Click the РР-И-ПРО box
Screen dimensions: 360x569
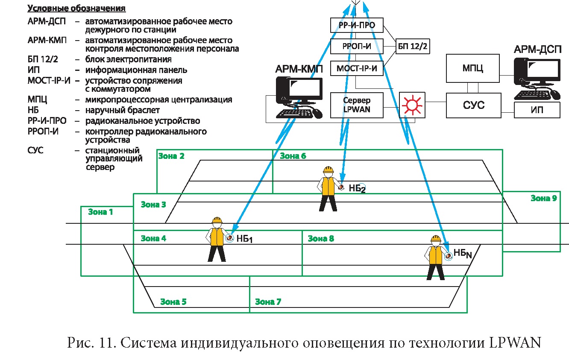[357, 25]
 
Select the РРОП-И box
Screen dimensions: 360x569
[357, 47]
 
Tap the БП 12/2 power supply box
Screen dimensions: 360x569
[412, 47]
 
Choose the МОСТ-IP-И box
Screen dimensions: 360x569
[357, 68]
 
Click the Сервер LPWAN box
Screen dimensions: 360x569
[357, 105]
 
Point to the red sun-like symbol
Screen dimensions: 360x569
[412, 105]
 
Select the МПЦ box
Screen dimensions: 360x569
[473, 68]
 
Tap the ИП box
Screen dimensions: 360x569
[537, 110]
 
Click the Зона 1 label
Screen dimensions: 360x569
[100, 211]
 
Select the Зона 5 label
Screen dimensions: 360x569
[173, 302]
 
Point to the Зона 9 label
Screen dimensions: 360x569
[543, 198]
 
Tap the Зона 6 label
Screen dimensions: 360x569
[293, 156]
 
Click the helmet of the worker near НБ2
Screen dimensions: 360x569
[328, 170]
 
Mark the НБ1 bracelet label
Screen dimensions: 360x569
[245, 239]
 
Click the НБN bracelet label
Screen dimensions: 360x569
[463, 254]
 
